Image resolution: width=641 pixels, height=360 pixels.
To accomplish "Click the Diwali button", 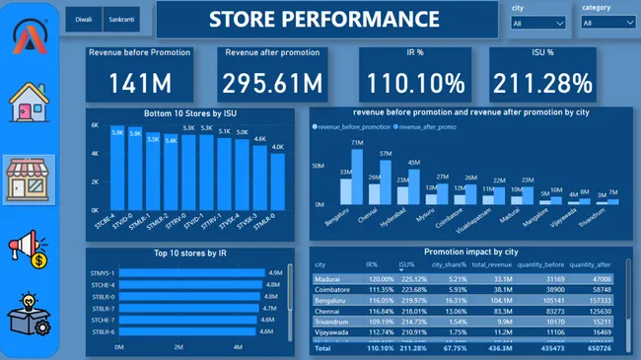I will (84, 20).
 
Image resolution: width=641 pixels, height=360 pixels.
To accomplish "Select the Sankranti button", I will (122, 20).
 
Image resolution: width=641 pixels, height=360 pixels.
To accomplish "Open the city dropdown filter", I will (538, 23).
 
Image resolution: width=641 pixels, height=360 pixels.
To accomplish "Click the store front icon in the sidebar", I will (30, 179).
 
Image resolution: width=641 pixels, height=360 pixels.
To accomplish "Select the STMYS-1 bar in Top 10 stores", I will (191, 273).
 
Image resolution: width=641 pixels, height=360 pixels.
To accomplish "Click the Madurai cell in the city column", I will (327, 279).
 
